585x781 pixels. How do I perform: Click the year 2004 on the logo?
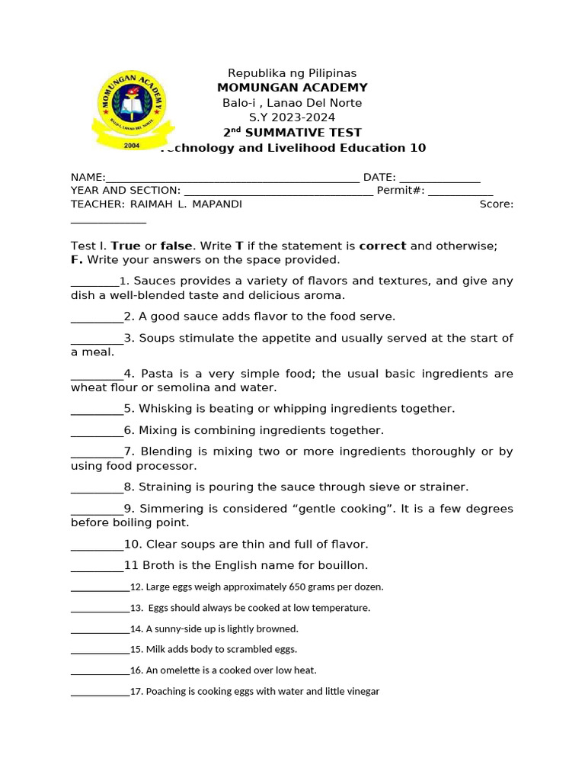click(132, 144)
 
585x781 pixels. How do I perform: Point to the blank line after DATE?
click(440, 178)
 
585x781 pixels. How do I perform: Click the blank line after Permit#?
click(460, 192)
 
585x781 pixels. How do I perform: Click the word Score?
click(496, 204)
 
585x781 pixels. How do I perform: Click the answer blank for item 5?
click(97, 410)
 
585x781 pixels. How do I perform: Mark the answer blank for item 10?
click(97, 546)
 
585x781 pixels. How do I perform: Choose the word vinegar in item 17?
click(362, 692)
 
